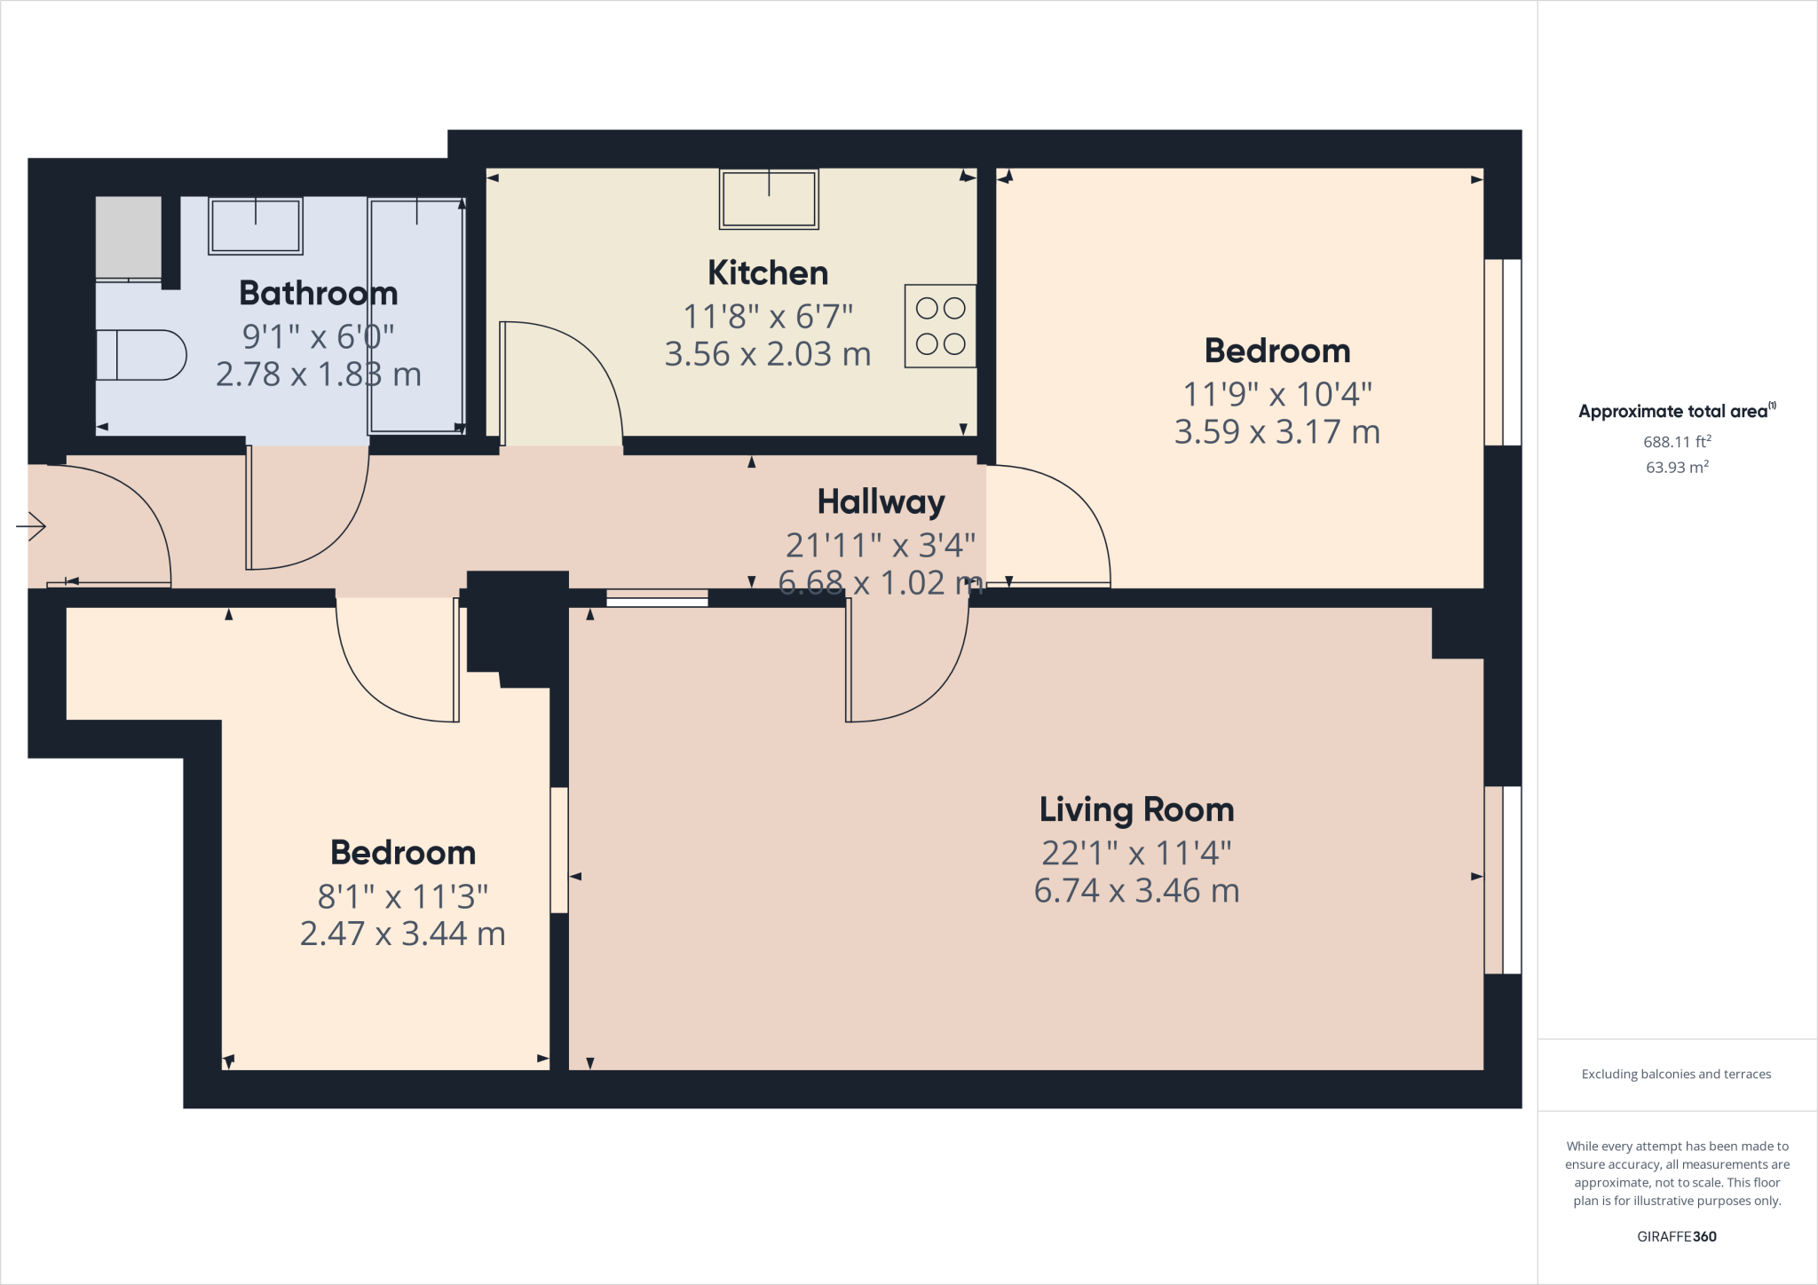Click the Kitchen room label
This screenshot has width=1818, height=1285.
pyautogui.click(x=768, y=273)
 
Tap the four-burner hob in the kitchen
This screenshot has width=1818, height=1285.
pyautogui.click(x=940, y=326)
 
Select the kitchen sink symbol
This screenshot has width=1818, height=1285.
pyautogui.click(x=769, y=200)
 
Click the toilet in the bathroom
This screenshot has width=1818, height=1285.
pyautogui.click(x=142, y=355)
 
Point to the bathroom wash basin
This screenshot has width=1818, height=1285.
pyautogui.click(x=256, y=225)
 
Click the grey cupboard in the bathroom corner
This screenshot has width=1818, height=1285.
pyautogui.click(x=129, y=237)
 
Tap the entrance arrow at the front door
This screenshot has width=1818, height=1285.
pyautogui.click(x=32, y=526)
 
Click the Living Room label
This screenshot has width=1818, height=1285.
pyautogui.click(x=1136, y=810)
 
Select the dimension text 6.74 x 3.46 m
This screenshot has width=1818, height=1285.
pyautogui.click(x=1136, y=891)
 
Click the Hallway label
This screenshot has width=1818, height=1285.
pyautogui.click(x=881, y=502)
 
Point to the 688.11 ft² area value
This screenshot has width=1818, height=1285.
pyautogui.click(x=1677, y=441)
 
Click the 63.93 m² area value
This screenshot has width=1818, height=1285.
pyautogui.click(x=1677, y=467)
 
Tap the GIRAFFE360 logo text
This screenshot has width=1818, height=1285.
pyautogui.click(x=1676, y=1236)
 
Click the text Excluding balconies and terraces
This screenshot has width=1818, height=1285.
pyautogui.click(x=1676, y=1074)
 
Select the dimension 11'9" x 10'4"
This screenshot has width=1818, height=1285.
pyautogui.click(x=1277, y=394)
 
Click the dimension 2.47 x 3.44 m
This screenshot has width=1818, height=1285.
pyautogui.click(x=402, y=934)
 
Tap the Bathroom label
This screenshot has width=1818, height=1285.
pyautogui.click(x=318, y=294)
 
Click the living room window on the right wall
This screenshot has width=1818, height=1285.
pyautogui.click(x=1503, y=879)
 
